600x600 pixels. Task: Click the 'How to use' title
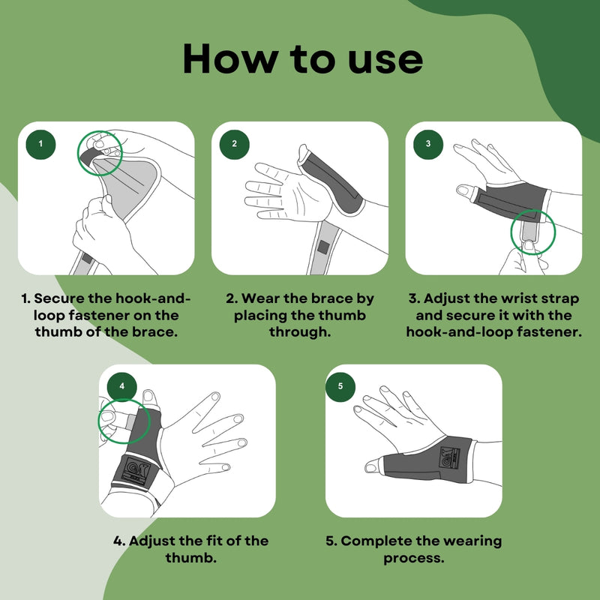pos(303,59)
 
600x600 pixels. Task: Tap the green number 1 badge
pos(40,144)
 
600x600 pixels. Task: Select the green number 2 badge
pos(234,144)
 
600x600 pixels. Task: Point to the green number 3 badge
pos(428,144)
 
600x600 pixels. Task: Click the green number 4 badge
pos(121,386)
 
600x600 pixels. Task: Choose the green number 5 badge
pos(340,386)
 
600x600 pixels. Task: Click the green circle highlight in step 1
pos(78,153)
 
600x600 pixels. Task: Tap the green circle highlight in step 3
pos(511,232)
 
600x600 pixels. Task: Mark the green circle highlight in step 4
pos(99,421)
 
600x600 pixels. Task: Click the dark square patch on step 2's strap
pos(323,247)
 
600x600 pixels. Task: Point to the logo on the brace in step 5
pos(451,457)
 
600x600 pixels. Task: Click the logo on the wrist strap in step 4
pos(136,471)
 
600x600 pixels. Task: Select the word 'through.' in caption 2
pos(299,331)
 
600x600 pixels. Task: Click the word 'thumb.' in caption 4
pos(191,557)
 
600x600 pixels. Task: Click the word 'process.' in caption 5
pos(414,558)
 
